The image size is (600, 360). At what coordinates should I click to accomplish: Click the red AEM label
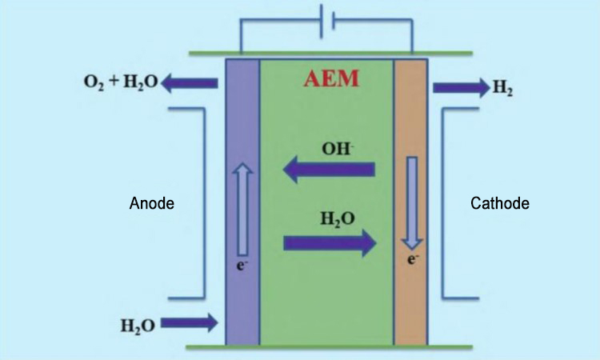(331, 79)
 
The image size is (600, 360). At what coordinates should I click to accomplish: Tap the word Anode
(151, 203)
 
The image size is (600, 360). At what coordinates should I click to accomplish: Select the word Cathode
(500, 203)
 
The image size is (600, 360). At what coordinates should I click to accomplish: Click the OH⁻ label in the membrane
(337, 149)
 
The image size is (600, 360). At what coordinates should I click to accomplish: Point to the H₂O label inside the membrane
(337, 219)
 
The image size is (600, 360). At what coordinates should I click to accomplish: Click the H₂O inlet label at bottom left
(138, 326)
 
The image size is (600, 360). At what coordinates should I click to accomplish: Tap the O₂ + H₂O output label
(121, 82)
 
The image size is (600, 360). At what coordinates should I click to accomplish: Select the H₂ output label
(502, 88)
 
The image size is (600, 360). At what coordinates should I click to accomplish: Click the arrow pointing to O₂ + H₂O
(190, 83)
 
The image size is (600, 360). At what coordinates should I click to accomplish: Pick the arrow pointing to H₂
(462, 88)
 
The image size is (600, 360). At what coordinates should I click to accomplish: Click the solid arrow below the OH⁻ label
(329, 169)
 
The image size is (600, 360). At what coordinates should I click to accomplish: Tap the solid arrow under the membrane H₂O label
(330, 243)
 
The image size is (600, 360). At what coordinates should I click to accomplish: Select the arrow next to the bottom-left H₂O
(189, 323)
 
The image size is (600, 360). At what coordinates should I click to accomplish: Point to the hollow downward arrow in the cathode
(412, 203)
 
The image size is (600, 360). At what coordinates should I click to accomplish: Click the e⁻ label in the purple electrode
(242, 264)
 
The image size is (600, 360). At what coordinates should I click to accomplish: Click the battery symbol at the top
(327, 21)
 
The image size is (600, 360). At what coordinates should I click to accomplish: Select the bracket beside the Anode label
(205, 202)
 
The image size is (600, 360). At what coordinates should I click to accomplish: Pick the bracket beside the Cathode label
(442, 202)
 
